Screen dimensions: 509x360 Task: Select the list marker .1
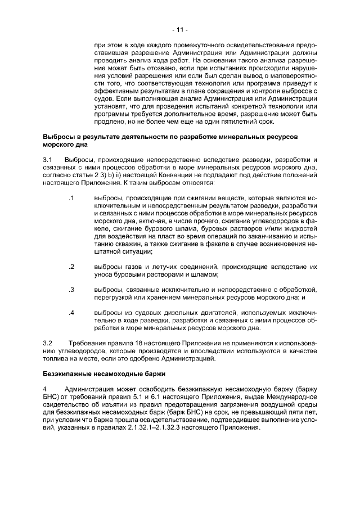point(71,199)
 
